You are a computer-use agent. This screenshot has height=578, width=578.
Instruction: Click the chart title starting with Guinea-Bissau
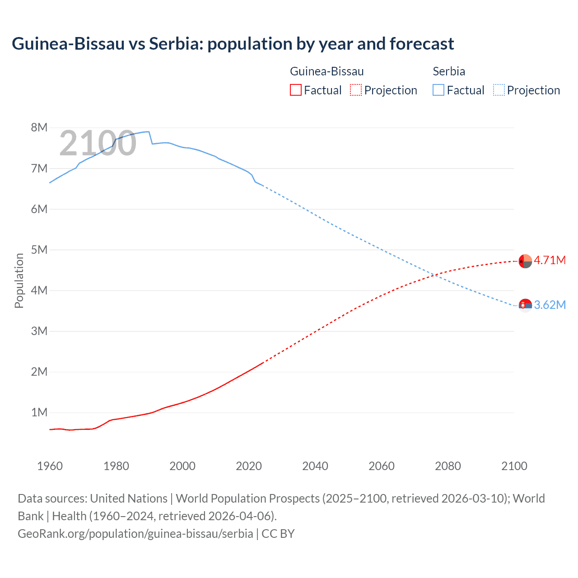(x=233, y=44)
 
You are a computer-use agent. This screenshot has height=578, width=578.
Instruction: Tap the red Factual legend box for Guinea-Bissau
(x=295, y=90)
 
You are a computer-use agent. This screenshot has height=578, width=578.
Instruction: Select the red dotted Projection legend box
(x=356, y=90)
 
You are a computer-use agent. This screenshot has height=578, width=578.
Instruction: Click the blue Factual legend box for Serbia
(x=438, y=90)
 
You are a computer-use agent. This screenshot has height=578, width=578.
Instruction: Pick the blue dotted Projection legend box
(x=499, y=90)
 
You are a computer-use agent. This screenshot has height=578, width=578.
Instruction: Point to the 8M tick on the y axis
(x=39, y=127)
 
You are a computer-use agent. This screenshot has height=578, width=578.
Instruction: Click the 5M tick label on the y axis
(x=39, y=250)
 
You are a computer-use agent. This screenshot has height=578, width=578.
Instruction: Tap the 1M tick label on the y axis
(x=39, y=412)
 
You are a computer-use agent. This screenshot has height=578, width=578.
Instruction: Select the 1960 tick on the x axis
(x=50, y=466)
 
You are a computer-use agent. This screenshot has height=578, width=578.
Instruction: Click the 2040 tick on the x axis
(x=315, y=466)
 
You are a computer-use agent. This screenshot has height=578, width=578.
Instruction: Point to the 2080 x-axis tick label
(x=448, y=466)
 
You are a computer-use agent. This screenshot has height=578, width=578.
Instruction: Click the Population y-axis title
(x=19, y=280)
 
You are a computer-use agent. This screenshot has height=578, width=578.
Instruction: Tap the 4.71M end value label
(x=550, y=260)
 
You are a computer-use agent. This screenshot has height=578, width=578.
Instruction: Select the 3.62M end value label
(x=550, y=305)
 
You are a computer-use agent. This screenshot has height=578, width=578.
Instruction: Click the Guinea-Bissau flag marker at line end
(x=525, y=261)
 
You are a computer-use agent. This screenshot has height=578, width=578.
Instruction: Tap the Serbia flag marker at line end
(x=525, y=306)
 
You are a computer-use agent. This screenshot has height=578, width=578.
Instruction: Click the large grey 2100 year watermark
(x=98, y=143)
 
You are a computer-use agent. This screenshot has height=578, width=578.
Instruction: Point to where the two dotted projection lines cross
(x=435, y=275)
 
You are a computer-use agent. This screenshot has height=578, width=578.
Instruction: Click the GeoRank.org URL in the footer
(x=135, y=533)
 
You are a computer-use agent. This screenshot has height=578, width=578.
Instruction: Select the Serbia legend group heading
(x=449, y=71)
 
